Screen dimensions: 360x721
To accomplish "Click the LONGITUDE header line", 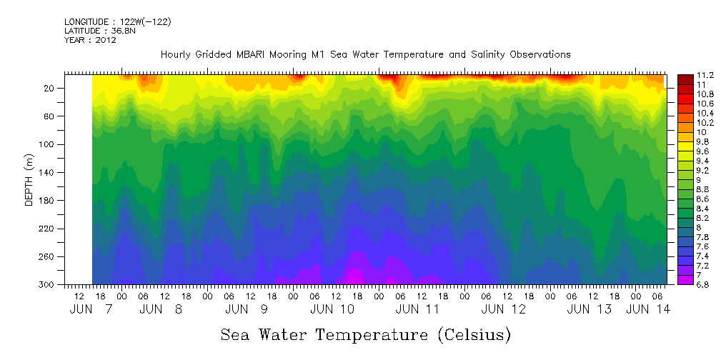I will tap(117, 22).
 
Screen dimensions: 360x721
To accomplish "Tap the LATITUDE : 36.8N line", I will tap(98, 31).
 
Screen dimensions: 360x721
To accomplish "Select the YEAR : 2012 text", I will tap(90, 41).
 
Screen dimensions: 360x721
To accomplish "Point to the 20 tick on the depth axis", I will tap(51, 88).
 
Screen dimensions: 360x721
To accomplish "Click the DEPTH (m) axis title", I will tap(29, 179).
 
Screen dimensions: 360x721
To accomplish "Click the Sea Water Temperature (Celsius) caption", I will tap(366, 334).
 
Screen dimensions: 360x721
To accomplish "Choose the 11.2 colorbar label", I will tap(705, 75).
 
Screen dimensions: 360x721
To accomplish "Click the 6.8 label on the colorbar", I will tap(705, 284).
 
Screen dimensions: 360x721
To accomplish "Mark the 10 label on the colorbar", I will tap(702, 132).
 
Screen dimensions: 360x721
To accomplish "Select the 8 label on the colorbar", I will tap(700, 227).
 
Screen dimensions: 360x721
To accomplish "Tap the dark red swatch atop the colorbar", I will tap(684, 78).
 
